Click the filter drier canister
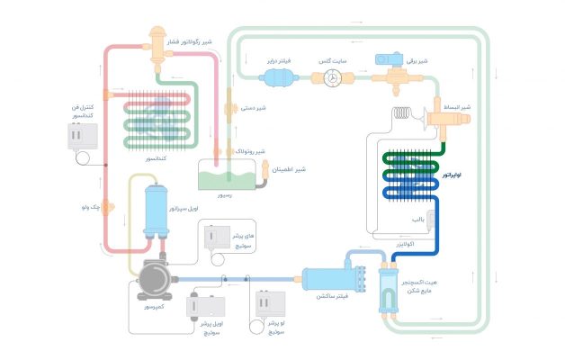(281, 78)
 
